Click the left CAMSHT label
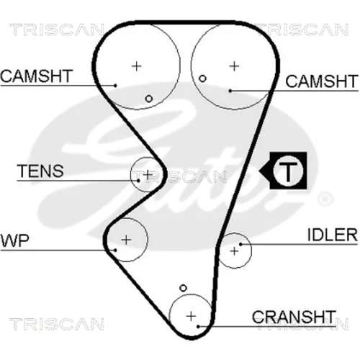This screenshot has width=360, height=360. (x=37, y=76)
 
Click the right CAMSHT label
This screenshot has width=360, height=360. (x=322, y=81)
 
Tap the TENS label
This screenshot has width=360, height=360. (x=40, y=171)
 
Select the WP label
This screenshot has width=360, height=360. (x=15, y=240)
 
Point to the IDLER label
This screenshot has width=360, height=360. (x=333, y=235)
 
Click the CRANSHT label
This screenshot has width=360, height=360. (x=294, y=317)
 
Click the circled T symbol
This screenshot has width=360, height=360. (x=288, y=171)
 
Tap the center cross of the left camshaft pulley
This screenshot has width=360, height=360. (x=137, y=66)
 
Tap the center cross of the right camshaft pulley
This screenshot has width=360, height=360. (x=234, y=66)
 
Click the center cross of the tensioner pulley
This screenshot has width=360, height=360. (x=148, y=175)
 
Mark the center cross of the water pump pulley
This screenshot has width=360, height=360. (x=126, y=240)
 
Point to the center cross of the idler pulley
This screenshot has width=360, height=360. (x=234, y=251)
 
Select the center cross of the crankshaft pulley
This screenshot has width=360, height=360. (x=191, y=316)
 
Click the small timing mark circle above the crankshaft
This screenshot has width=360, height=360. (x=183, y=288)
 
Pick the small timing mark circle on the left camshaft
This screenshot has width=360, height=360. (x=149, y=99)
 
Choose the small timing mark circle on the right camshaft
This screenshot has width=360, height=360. (x=202, y=78)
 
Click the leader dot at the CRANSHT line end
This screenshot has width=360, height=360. (x=198, y=326)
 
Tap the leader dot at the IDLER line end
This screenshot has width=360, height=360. (x=240, y=244)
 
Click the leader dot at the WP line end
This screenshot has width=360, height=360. (x=115, y=250)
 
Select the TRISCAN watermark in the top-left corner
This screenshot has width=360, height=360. (x=57, y=30)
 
